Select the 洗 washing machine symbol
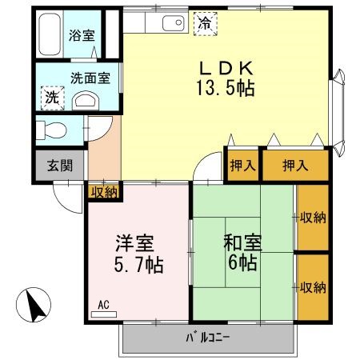coord(50,98)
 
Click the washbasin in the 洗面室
coord(84,99)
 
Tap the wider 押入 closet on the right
coord(296,166)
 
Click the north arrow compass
coord(33,305)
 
